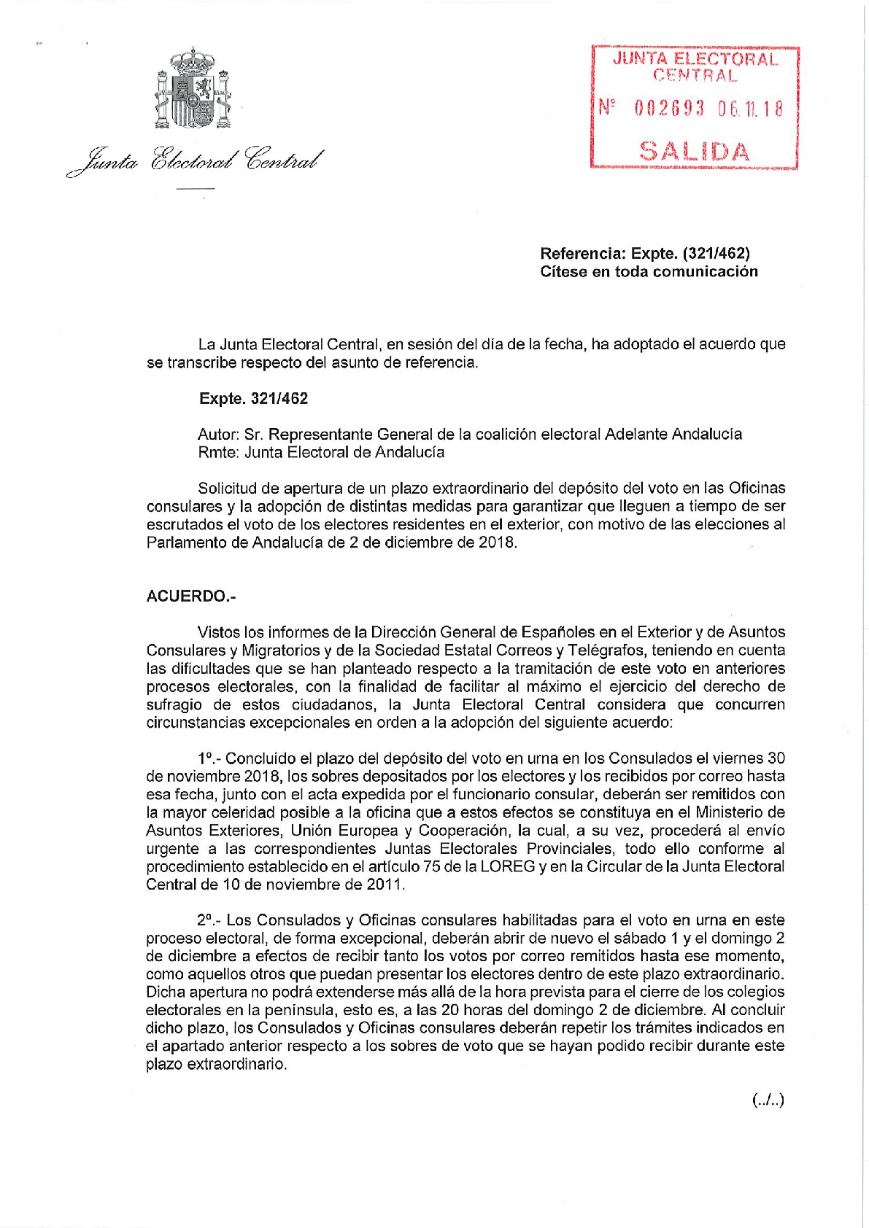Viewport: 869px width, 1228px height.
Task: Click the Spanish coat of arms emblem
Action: (x=193, y=89)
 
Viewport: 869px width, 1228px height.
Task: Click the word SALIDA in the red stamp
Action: (x=694, y=151)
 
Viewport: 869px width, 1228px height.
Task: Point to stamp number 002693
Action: (x=670, y=109)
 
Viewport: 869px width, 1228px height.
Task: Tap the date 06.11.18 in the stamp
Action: (x=750, y=109)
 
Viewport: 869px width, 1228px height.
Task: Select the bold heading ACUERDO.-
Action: (x=191, y=596)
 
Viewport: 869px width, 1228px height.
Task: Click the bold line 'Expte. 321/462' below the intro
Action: (x=254, y=398)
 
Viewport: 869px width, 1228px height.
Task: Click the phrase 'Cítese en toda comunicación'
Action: (x=649, y=271)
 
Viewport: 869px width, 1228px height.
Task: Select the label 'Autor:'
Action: (x=219, y=434)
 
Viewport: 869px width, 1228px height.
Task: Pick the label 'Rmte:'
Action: (x=218, y=452)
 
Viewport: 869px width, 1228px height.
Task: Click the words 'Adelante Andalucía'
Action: (x=673, y=434)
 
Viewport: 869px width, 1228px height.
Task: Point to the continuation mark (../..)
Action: (x=768, y=1100)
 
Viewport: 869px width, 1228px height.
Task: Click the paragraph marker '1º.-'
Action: (x=209, y=758)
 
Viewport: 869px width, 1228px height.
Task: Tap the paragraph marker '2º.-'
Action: (x=209, y=920)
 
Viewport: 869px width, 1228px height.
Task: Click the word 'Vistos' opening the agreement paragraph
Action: (x=218, y=632)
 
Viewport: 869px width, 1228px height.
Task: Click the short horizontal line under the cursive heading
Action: (x=196, y=190)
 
